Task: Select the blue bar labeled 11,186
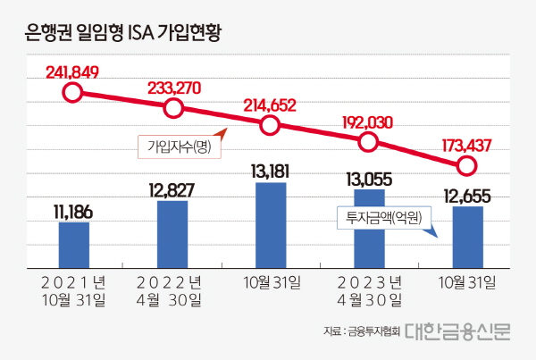74,243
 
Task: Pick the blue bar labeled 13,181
271,223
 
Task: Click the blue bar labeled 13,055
369,227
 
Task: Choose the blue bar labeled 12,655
467,235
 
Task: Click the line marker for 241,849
74,91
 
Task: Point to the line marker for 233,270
173,109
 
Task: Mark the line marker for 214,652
271,126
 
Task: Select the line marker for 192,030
369,143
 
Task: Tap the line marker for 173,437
466,165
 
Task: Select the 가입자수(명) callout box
178,146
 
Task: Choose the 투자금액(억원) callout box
383,215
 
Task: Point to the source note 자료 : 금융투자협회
361,332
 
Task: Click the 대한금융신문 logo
457,331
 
